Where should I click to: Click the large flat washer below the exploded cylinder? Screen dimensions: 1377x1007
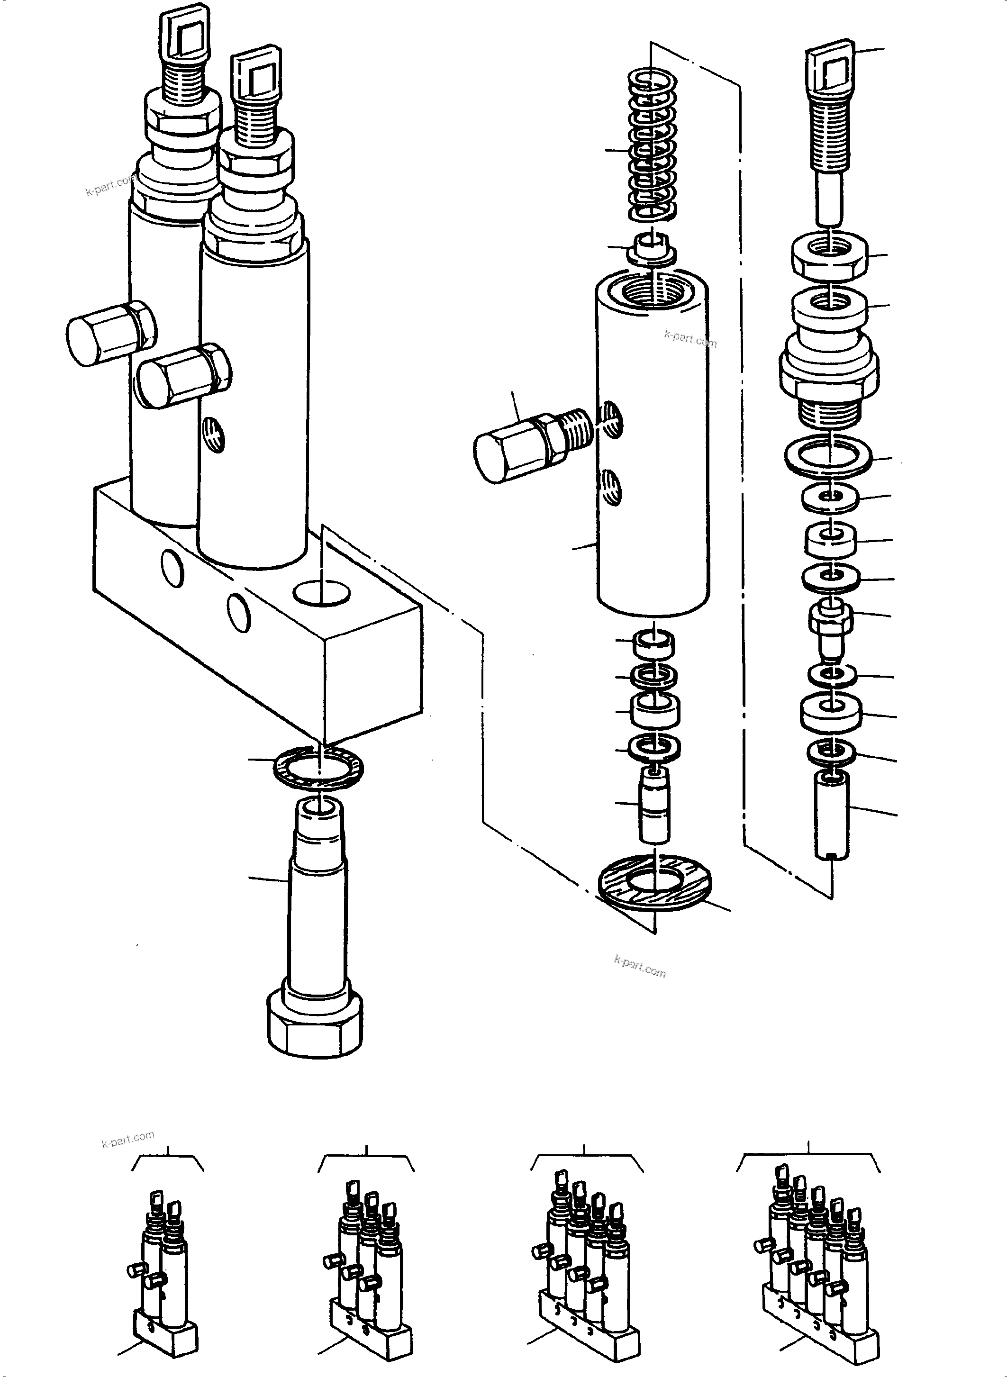pos(655,883)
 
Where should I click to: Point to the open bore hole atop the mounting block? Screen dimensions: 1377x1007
pos(321,592)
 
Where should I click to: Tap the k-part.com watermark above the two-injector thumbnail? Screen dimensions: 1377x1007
pos(128,1139)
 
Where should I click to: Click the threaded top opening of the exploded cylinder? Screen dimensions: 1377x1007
pos(652,294)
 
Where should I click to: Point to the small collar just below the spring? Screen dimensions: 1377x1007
pos(652,250)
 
